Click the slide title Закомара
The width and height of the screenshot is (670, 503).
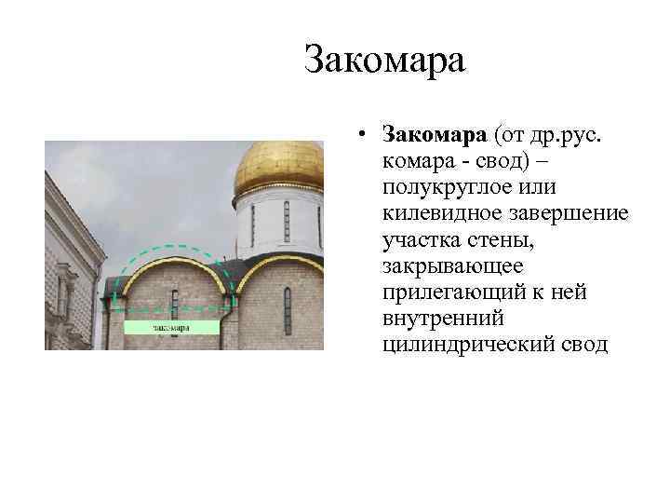[384, 62]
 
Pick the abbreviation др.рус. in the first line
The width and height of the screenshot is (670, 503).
[569, 136]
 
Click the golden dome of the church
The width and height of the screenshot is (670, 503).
[278, 165]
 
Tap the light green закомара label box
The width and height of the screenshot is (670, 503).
[171, 327]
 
